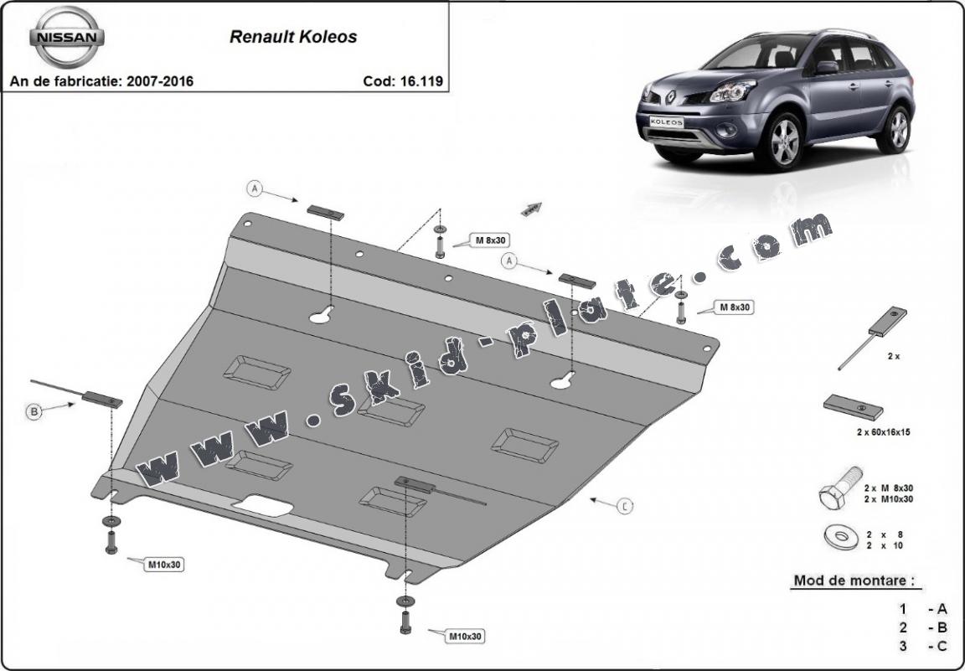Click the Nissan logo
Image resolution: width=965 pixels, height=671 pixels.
point(68,38)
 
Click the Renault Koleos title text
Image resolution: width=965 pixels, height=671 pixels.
point(293,37)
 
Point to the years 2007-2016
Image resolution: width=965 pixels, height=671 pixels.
point(158,81)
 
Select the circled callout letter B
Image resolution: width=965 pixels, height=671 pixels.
point(34,411)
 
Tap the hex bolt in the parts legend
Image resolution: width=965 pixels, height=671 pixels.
point(839,490)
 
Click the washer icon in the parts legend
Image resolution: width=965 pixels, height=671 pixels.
point(839,537)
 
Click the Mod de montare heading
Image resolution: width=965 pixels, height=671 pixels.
point(853,580)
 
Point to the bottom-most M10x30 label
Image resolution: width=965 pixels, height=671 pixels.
point(466,637)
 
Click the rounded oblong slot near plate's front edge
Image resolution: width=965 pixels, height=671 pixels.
point(262,505)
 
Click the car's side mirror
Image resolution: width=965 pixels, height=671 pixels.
point(827,67)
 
